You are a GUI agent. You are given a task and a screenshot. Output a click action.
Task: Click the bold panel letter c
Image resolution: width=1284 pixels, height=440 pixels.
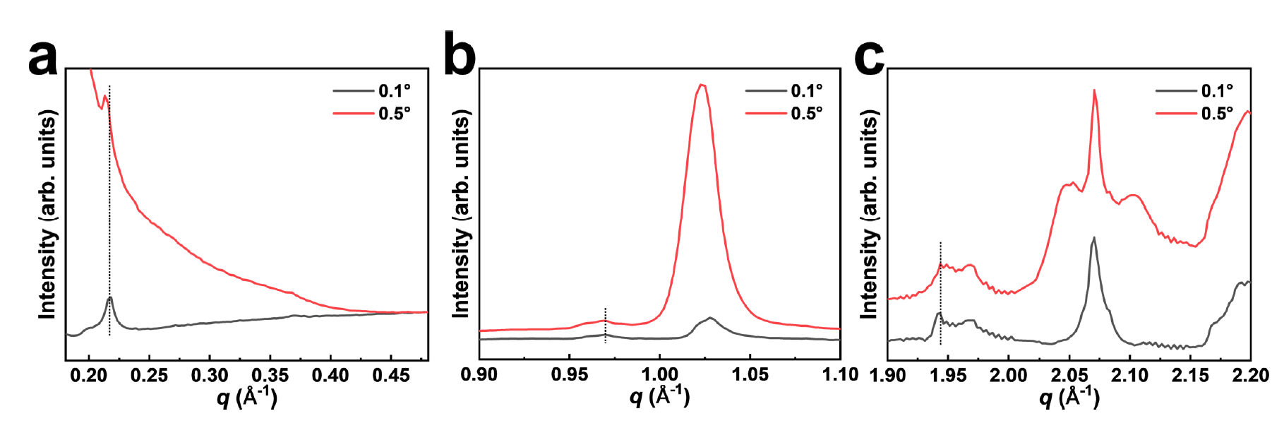coord(869,58)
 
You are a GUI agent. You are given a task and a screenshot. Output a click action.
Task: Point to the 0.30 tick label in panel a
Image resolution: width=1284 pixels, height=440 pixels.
coord(210,375)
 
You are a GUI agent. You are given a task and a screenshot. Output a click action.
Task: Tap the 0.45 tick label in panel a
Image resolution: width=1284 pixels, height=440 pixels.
coord(390,375)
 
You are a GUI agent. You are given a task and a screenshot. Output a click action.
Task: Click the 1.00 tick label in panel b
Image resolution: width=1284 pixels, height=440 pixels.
coord(659,375)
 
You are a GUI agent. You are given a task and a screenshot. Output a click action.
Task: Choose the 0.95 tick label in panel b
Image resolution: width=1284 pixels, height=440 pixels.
coord(569,375)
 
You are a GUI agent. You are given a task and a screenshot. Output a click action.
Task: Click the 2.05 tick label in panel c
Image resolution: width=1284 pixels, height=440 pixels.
coord(1069,375)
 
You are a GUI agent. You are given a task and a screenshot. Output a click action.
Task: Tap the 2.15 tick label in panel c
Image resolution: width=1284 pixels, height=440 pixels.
coord(1190,375)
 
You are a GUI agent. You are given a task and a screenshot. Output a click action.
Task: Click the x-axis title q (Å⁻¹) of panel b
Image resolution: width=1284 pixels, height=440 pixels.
coord(659,398)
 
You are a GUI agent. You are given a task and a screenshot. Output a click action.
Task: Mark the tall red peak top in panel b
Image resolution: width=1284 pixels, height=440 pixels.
coord(702,85)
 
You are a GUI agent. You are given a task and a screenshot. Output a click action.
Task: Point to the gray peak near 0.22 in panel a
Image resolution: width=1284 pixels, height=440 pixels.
coord(109,298)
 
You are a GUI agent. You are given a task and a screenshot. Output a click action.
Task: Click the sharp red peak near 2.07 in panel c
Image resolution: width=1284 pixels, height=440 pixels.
coord(1094,90)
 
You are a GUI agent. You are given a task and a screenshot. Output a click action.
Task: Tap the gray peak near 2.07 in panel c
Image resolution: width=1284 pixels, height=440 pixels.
coord(1093,238)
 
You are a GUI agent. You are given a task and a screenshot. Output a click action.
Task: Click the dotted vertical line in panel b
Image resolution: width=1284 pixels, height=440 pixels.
coord(605,325)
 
